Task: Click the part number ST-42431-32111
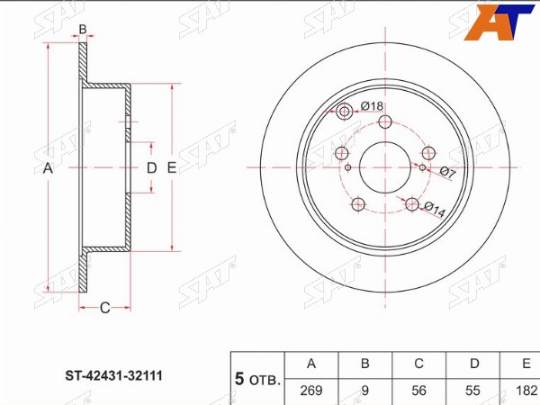point(113,375)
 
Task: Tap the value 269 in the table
point(311,391)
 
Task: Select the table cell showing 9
point(365,391)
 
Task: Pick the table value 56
point(418,391)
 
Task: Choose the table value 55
point(472,391)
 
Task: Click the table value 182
point(526,391)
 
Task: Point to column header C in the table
point(418,364)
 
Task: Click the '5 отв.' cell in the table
point(257,379)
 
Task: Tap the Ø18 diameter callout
point(372,106)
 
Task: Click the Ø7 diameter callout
point(448,172)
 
